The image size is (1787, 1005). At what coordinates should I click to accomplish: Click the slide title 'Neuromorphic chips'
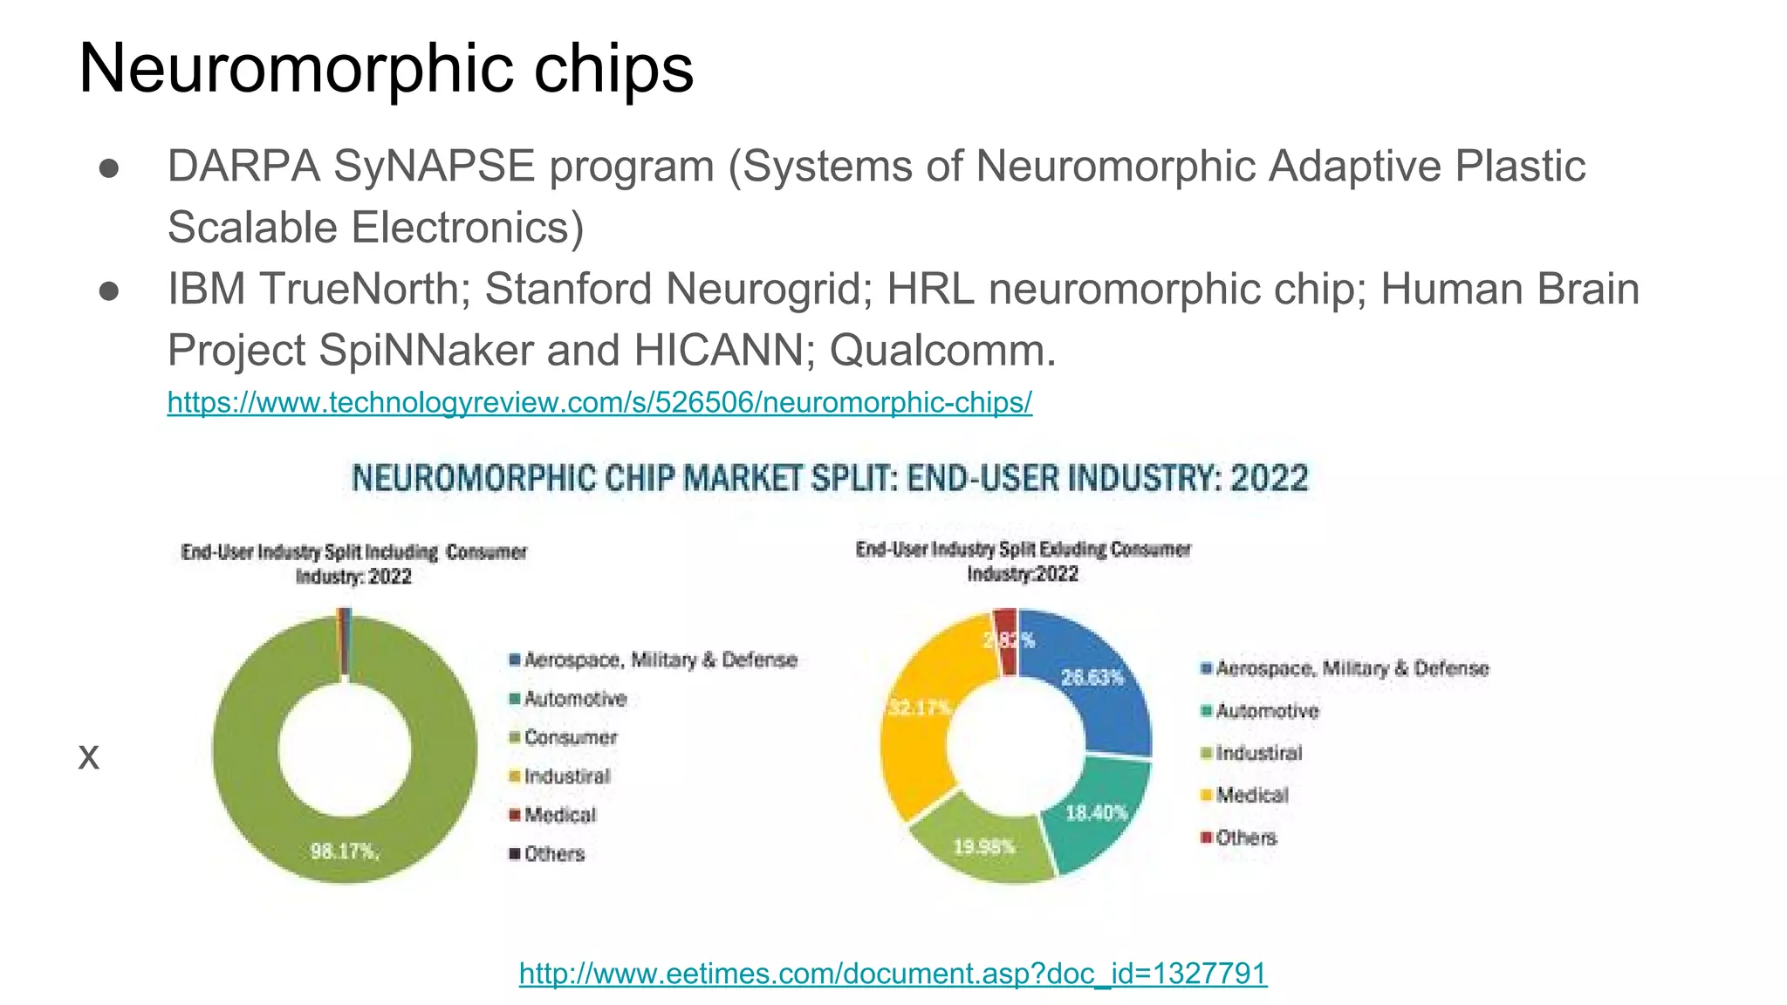click(x=386, y=68)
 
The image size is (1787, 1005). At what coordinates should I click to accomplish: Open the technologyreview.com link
click(x=599, y=402)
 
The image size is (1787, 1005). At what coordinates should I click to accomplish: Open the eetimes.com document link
click(x=893, y=972)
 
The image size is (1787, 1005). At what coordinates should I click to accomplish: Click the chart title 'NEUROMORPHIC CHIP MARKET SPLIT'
click(x=829, y=478)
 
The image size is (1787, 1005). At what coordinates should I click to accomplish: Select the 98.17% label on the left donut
click(x=345, y=851)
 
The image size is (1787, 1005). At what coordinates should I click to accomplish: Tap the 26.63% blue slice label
click(x=1092, y=677)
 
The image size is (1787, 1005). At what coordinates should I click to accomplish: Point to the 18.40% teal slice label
click(x=1097, y=812)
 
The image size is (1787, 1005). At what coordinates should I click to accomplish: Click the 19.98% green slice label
click(x=984, y=846)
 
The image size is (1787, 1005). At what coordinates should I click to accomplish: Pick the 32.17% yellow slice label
click(x=919, y=707)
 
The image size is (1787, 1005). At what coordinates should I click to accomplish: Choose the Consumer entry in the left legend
click(x=571, y=738)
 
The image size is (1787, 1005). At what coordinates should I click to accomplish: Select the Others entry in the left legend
click(x=554, y=854)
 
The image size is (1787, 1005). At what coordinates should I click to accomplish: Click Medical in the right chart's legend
click(x=1252, y=795)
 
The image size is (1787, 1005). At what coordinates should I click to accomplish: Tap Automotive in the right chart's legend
click(x=1267, y=711)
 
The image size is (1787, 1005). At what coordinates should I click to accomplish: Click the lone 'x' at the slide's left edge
click(x=88, y=755)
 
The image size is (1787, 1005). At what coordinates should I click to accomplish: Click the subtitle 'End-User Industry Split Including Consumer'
click(x=353, y=552)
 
